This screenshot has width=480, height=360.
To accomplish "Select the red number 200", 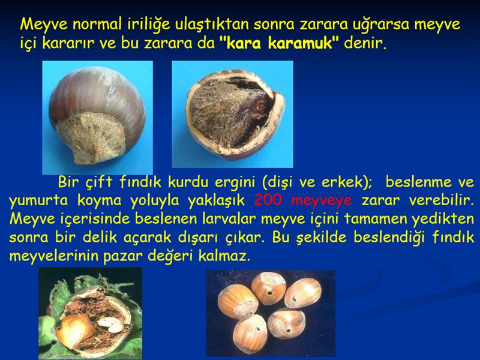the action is click(268, 200).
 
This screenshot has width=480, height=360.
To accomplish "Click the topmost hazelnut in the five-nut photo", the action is click(268, 288).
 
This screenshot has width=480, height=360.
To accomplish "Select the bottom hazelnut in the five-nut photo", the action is click(251, 335).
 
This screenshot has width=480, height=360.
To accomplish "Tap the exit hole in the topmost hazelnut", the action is click(270, 293).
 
